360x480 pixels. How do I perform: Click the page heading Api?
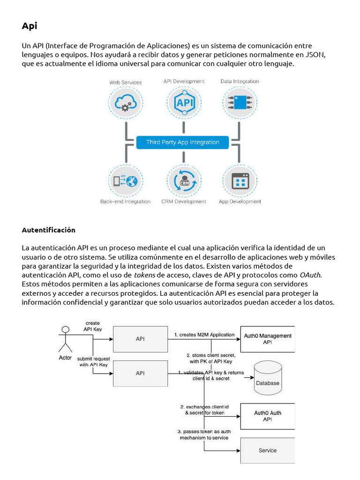pos(29,26)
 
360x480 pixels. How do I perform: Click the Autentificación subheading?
pos(48,230)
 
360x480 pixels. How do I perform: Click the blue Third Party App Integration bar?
pos(182,142)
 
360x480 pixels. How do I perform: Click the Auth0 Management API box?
pos(268,339)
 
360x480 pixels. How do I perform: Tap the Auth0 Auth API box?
pos(268,416)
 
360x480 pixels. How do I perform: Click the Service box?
pos(268,450)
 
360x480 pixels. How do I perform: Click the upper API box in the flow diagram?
pos(140,339)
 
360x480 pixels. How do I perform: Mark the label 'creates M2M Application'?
pos(204,335)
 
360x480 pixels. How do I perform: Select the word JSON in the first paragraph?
pos(315,54)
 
